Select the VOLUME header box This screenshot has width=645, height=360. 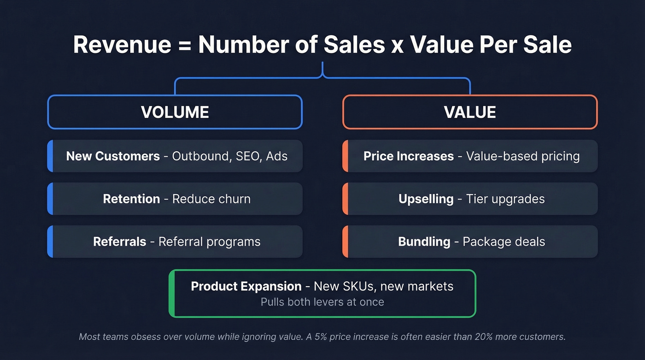pos(175,112)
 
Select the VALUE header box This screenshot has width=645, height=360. pos(470,112)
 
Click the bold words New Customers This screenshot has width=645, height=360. pos(113,156)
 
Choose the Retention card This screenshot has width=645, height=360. pos(175,199)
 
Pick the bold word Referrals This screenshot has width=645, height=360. pos(119,242)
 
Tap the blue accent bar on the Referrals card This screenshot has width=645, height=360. pos(50,242)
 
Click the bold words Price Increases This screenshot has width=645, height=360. pos(408,156)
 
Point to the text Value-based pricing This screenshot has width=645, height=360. pos(522,156)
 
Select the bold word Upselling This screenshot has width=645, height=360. pos(426,199)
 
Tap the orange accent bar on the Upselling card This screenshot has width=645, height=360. pos(345,199)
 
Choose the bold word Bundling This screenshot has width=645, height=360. pos(424,242)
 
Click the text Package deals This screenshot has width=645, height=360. pos(504,242)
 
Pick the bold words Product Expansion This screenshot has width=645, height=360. pos(246,286)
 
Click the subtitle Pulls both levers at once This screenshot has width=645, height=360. pos(322,302)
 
